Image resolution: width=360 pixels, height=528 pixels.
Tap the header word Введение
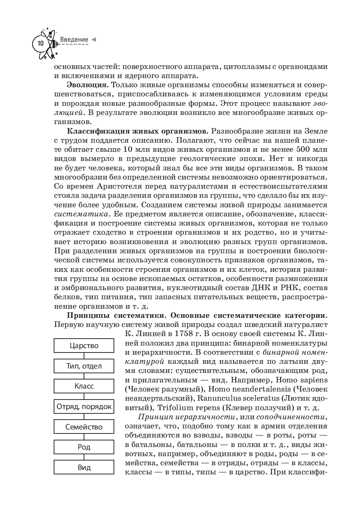point(74,39)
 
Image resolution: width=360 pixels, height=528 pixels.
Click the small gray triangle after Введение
point(94,39)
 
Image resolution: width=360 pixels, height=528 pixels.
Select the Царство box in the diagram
point(84,346)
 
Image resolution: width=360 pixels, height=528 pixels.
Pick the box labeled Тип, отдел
point(84,366)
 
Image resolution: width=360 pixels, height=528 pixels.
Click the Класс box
point(84,386)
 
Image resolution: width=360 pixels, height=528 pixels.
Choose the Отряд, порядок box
point(84,406)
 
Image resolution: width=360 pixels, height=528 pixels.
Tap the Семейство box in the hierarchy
point(84,427)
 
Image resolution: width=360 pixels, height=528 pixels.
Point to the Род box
point(84,447)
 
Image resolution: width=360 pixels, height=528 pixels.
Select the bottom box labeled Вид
point(84,467)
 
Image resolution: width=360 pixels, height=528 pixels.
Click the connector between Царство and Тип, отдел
point(84,356)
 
